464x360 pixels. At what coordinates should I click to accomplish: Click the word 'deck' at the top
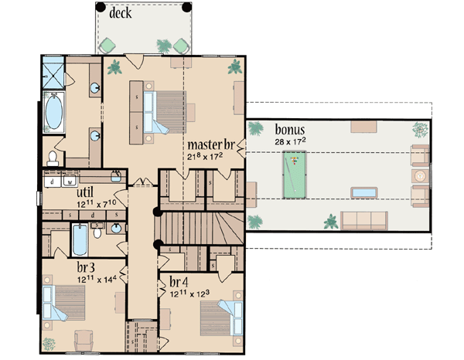click(x=124, y=13)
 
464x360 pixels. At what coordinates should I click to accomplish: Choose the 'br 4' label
click(x=178, y=282)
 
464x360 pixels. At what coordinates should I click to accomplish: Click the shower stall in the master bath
click(x=54, y=74)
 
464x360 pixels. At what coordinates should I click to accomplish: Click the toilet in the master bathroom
click(x=53, y=158)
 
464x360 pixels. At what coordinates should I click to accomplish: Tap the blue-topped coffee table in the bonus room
click(x=363, y=191)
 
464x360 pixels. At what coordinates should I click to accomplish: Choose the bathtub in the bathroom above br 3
click(x=80, y=241)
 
